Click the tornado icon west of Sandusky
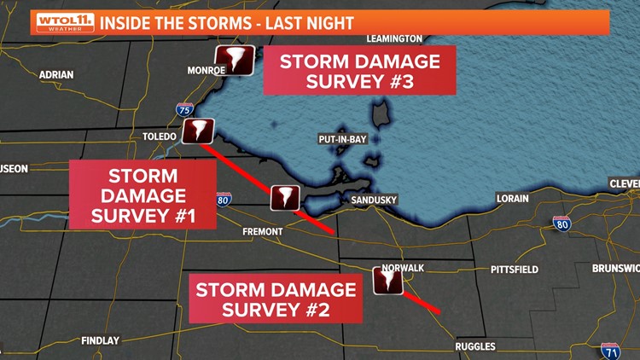click(284, 197)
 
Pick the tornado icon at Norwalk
click(387, 280)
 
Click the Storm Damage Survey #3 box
click(359, 73)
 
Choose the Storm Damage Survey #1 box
click(143, 196)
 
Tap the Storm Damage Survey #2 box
click(276, 299)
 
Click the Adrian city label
click(56, 75)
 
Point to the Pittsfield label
click(515, 270)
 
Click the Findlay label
click(100, 340)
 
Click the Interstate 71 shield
click(609, 351)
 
